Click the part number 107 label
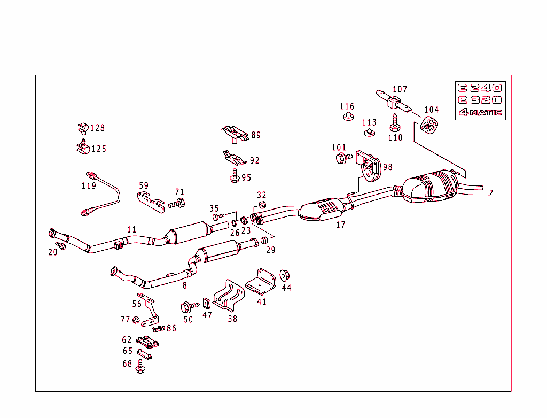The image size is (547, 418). pyautogui.click(x=400, y=89)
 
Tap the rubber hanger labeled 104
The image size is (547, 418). pyautogui.click(x=429, y=125)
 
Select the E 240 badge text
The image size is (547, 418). pyautogui.click(x=480, y=88)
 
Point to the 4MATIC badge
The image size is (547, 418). pyautogui.click(x=480, y=112)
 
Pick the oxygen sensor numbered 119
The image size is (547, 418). pyautogui.click(x=101, y=192)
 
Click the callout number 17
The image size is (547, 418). pyautogui.click(x=341, y=225)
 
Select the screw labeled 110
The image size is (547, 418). pyautogui.click(x=394, y=123)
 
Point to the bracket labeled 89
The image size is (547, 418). pyautogui.click(x=235, y=134)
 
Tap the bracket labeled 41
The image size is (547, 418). pyautogui.click(x=262, y=282)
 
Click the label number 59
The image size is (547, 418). pyautogui.click(x=144, y=186)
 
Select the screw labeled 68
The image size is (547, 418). pyautogui.click(x=140, y=367)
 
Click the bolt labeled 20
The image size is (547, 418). pyautogui.click(x=61, y=245)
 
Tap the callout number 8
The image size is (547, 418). pyautogui.click(x=185, y=286)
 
